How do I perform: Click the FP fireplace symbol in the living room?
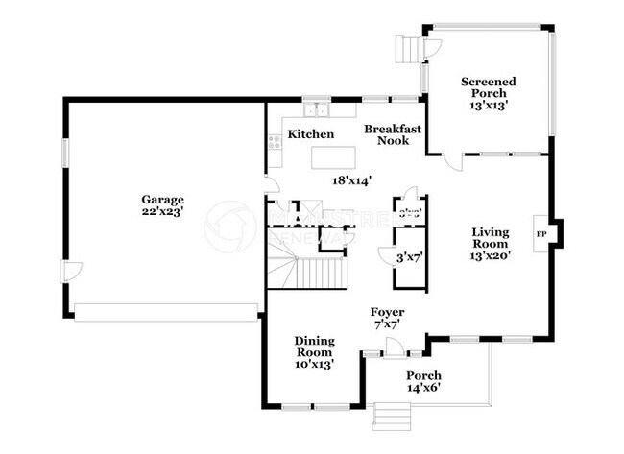[540, 233]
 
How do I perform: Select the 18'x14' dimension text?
[351, 179]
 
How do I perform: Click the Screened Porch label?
[489, 88]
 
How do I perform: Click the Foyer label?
[388, 313]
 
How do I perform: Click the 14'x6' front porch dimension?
[423, 388]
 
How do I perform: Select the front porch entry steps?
[391, 415]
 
